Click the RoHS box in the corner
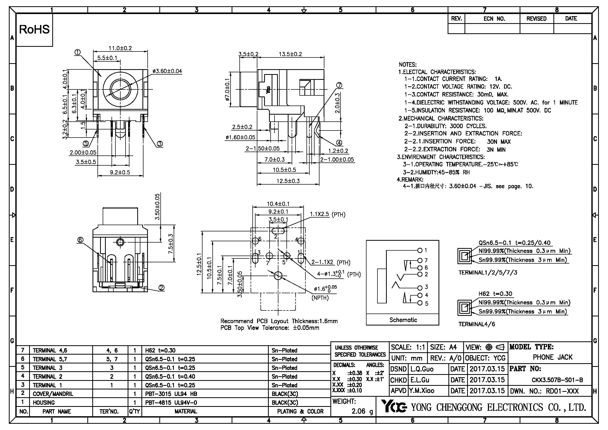34,30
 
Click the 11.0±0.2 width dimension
120,48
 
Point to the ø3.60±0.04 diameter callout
167,71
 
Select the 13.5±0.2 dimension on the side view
290,54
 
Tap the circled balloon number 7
339,85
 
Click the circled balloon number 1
77,53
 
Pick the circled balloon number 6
80,240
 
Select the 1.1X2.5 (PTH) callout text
328,214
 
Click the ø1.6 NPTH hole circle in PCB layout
278,276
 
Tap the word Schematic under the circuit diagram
403,320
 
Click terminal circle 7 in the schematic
420,260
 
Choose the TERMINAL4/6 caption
477,324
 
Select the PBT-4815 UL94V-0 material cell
171,402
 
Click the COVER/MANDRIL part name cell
53,394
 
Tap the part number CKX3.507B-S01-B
557,380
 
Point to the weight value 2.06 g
362,411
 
